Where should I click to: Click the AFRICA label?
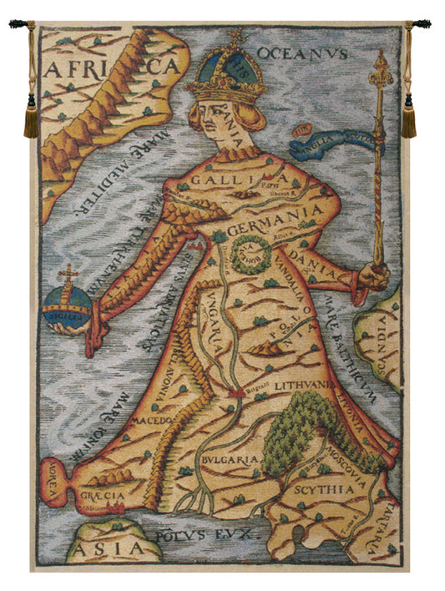coord(112,67)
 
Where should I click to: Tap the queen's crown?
coord(228,69)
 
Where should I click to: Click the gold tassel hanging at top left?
coord(32,117)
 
